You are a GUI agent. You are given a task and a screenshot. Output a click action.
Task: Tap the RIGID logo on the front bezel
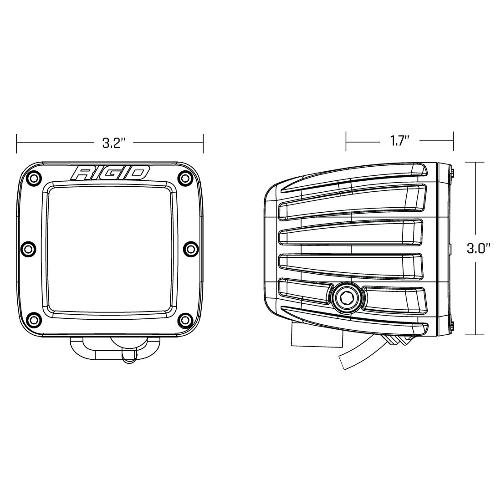pyautogui.click(x=110, y=173)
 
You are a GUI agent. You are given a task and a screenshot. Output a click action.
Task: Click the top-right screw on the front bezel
pyautogui.click(x=184, y=178)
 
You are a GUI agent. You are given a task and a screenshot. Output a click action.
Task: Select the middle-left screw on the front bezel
pyautogui.click(x=28, y=248)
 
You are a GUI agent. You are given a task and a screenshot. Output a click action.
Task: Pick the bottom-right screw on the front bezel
pyautogui.click(x=184, y=318)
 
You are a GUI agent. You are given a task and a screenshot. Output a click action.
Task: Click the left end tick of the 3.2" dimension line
pyautogui.click(x=17, y=144)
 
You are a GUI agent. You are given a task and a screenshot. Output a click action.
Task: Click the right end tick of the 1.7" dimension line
pyautogui.click(x=453, y=142)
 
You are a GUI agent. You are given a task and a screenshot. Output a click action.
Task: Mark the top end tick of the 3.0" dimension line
pyautogui.click(x=475, y=162)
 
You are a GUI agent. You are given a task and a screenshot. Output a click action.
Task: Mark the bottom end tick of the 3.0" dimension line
pyautogui.click(x=475, y=335)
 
